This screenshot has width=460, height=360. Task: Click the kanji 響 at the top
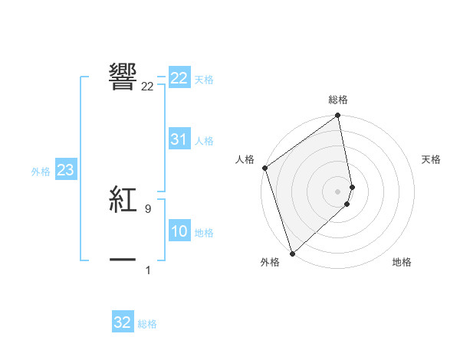[x=123, y=77]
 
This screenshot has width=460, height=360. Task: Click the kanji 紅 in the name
[x=123, y=200]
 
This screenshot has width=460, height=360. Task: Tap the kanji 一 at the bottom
[x=123, y=260]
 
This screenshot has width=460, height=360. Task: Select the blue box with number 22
[x=179, y=78]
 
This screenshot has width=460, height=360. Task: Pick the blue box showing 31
[x=179, y=139]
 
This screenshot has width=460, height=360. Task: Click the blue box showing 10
[x=179, y=231]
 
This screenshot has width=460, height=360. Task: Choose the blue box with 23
[x=66, y=170]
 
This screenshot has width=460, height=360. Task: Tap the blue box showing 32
[x=123, y=322]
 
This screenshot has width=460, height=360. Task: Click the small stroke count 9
[x=147, y=208]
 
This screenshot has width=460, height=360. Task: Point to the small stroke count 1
[x=148, y=270]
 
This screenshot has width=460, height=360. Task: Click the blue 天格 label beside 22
[x=204, y=80]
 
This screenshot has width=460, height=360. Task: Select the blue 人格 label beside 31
[x=204, y=141]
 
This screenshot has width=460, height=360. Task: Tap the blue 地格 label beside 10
[x=204, y=233]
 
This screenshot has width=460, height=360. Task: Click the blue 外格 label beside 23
[x=41, y=172]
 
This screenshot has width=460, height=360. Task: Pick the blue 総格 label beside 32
[x=147, y=324]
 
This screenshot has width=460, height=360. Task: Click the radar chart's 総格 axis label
[x=338, y=100]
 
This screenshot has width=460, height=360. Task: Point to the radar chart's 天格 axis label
[x=432, y=159]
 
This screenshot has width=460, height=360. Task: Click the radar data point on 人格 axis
[x=264, y=168]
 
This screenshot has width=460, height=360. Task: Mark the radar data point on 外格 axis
[x=292, y=254]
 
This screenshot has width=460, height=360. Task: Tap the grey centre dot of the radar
[x=338, y=191]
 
